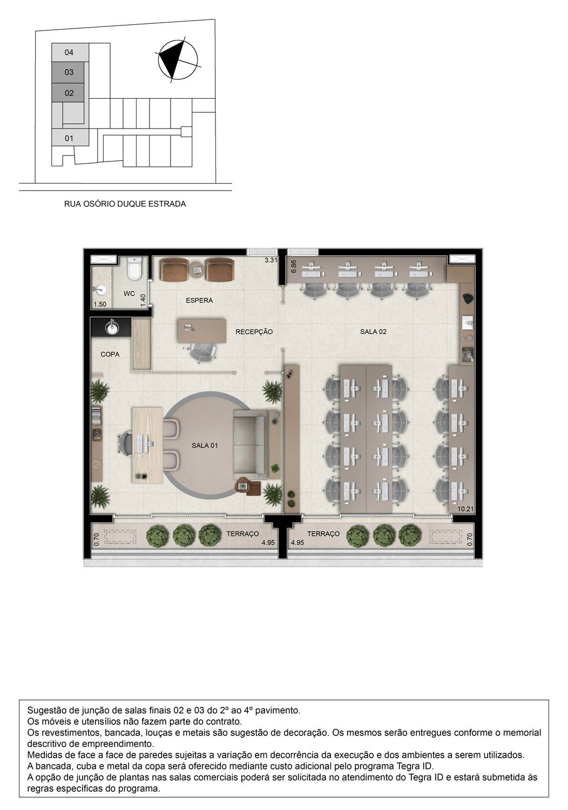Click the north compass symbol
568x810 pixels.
(x=178, y=59)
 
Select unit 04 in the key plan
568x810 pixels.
(x=69, y=52)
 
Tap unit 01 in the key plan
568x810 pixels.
(x=69, y=138)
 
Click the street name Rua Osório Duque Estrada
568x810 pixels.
(x=125, y=204)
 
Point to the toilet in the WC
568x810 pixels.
(x=134, y=268)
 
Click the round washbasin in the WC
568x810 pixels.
(x=99, y=289)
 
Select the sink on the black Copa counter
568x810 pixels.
(x=112, y=327)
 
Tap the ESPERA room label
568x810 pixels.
(x=199, y=300)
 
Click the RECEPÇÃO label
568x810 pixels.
(x=254, y=332)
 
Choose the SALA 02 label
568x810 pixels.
(x=373, y=332)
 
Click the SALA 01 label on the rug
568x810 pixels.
(x=205, y=446)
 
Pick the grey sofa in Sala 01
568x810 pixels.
(x=251, y=444)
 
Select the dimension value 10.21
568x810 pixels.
(x=465, y=509)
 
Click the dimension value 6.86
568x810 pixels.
(x=294, y=266)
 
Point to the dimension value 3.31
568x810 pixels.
(x=271, y=260)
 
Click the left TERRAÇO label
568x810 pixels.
(x=242, y=534)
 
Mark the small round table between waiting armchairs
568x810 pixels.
(x=197, y=269)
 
